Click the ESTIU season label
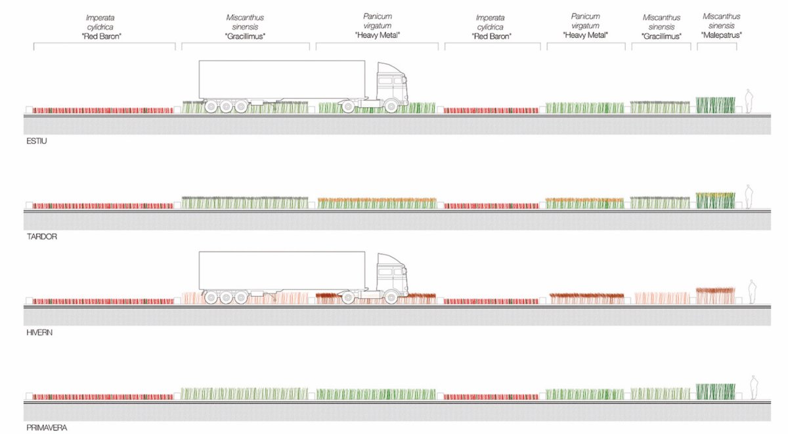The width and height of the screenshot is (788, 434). pos(37,141)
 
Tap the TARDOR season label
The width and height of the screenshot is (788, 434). pos(42,236)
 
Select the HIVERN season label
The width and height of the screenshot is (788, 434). pos(39,332)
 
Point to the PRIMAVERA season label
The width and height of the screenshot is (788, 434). pos(47,427)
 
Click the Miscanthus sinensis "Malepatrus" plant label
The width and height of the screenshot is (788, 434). pos(722,26)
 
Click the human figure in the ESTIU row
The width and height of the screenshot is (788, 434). pos(749,101)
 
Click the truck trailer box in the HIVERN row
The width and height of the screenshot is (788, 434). pos(282,271)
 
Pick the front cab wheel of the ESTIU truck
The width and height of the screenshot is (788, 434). pos(391,106)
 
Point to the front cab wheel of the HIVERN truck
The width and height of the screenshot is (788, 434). pos(391,297)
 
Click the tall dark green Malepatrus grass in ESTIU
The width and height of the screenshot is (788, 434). pos(716,105)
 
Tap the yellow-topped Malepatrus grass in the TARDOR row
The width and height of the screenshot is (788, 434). pos(716,200)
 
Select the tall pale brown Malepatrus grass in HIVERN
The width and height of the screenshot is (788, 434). pos(716,295)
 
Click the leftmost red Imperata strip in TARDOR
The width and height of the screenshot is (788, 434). pos(102,206)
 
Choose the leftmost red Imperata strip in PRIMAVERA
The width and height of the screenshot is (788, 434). pos(102,397)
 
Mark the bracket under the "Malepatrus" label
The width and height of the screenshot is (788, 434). pos(717,43)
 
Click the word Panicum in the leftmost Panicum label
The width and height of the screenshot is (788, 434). pos(378,16)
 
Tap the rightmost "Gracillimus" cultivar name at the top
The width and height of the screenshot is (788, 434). pos(661,36)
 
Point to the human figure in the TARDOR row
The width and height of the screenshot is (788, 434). pos(749,196)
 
